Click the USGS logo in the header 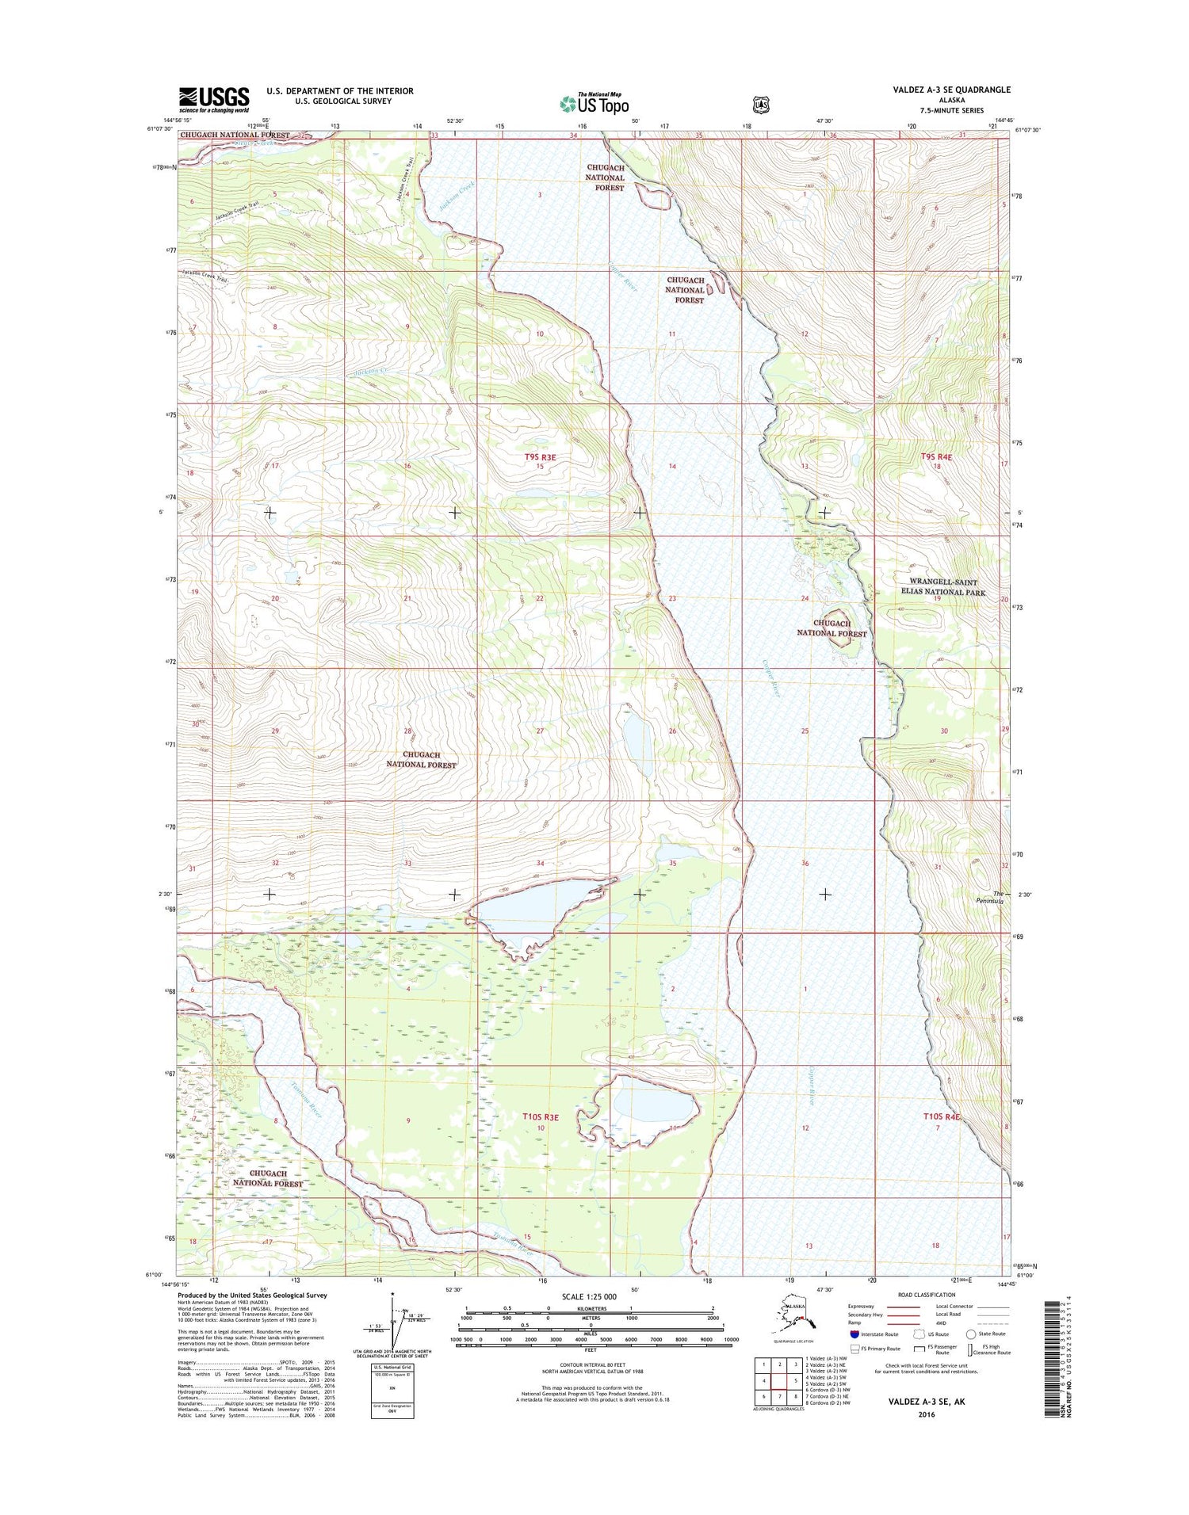(x=214, y=97)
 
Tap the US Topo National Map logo (x=594, y=103)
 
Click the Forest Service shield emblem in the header (x=761, y=103)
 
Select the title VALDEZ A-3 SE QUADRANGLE (x=951, y=90)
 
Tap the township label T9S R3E (x=540, y=457)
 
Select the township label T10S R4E (x=942, y=1116)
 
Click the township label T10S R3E (x=540, y=1117)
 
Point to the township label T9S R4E (x=936, y=457)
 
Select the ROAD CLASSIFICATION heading (x=927, y=1295)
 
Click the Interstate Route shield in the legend (x=854, y=1334)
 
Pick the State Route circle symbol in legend (x=971, y=1334)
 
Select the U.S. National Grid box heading (x=392, y=1367)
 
